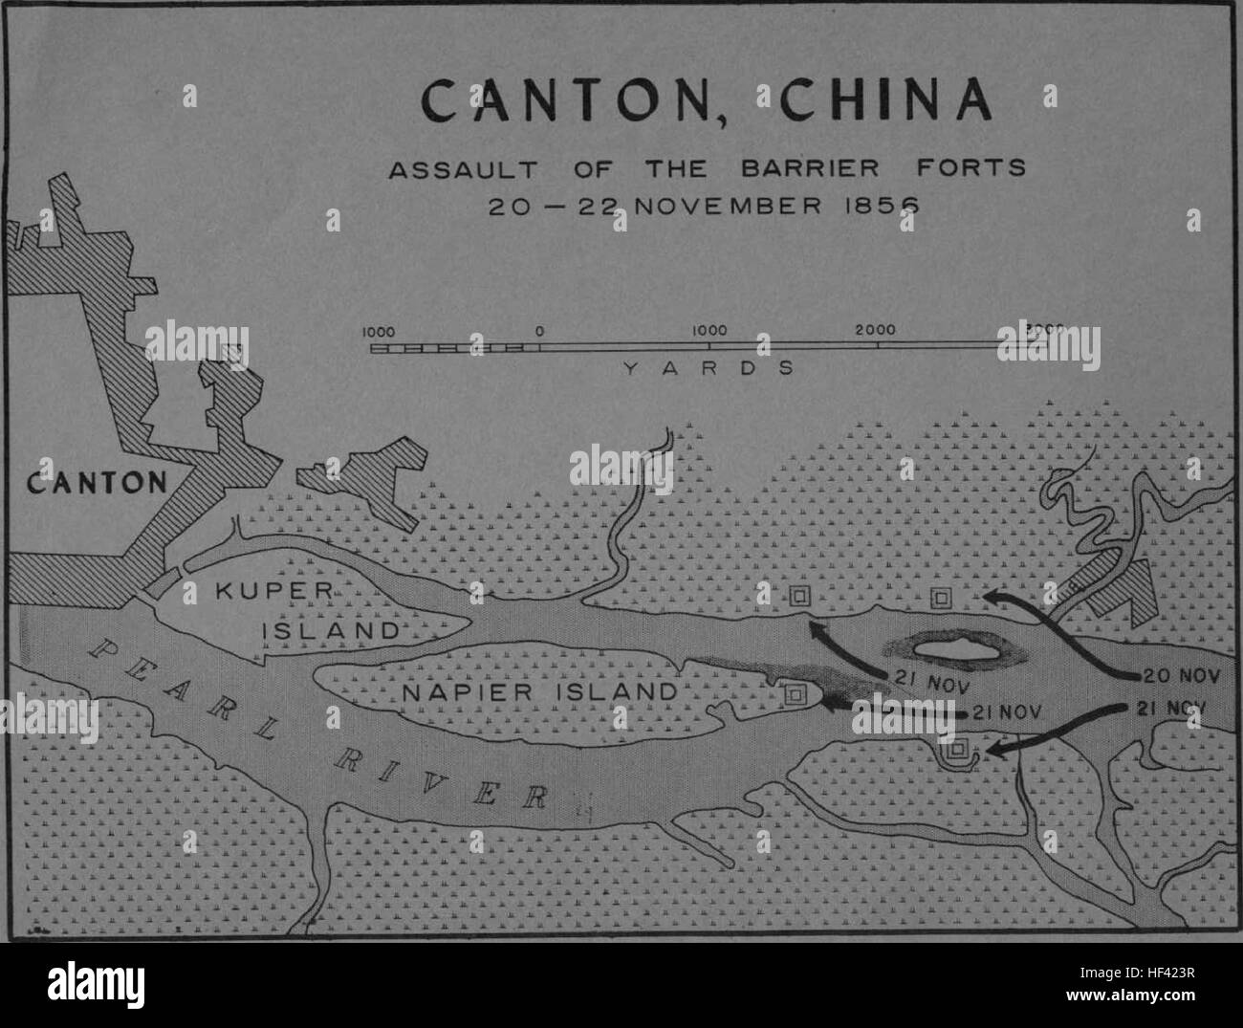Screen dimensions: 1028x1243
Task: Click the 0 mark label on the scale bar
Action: pyautogui.click(x=540, y=330)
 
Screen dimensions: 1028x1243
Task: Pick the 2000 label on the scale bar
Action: pyautogui.click(x=876, y=330)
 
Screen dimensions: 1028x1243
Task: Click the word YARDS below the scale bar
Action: pyautogui.click(x=708, y=368)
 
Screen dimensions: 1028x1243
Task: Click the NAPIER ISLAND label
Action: pyautogui.click(x=537, y=690)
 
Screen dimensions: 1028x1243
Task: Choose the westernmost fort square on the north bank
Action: pyautogui.click(x=799, y=597)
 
